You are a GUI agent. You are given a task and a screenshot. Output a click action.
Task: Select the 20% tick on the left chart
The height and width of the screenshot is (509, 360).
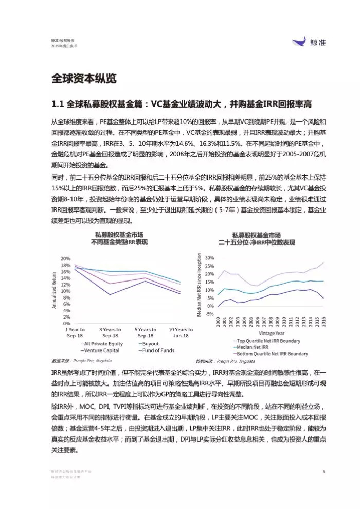tap(65, 258)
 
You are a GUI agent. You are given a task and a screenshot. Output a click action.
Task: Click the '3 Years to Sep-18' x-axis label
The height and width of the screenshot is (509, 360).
tap(110, 332)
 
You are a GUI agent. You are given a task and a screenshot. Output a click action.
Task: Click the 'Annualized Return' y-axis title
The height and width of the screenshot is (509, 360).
tap(54, 291)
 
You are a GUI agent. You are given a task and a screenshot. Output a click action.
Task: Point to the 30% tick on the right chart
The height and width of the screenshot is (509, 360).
tap(209, 257)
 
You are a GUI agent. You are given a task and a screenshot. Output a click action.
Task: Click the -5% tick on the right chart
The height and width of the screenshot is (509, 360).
tap(210, 314)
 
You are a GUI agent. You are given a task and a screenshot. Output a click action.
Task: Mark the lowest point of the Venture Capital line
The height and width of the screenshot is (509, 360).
tap(110, 295)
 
